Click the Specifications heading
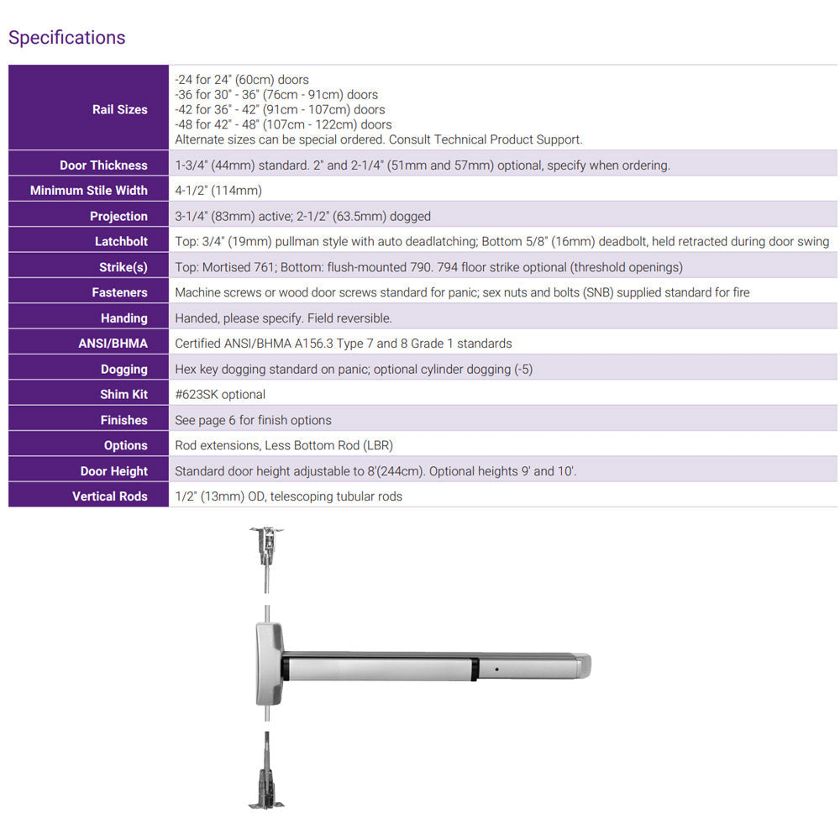point(66,38)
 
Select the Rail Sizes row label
point(119,109)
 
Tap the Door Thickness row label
point(103,165)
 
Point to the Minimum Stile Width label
point(88,191)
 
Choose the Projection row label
point(118,217)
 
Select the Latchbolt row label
point(121,242)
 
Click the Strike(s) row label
point(123,267)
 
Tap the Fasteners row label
point(119,292)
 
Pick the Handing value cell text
point(283,318)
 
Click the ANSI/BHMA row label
point(113,344)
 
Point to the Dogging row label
point(123,370)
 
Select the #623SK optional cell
point(219,395)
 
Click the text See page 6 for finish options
point(253,420)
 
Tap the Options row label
point(125,446)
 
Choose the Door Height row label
point(113,471)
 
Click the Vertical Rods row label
point(109,496)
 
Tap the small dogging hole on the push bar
point(497,669)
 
